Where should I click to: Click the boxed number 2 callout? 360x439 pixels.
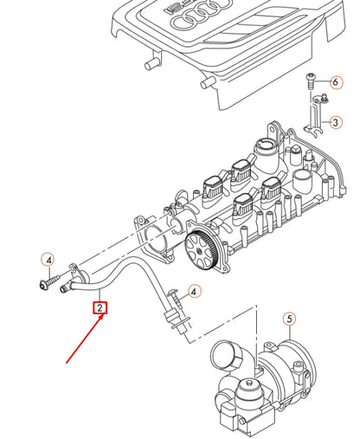point(100,307)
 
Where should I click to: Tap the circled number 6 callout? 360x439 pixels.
point(335,83)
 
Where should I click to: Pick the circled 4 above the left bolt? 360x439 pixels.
point(49,260)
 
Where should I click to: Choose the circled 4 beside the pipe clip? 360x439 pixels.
point(195,293)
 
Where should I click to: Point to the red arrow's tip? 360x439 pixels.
point(106,317)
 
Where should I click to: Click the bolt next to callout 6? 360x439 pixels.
point(311,83)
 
